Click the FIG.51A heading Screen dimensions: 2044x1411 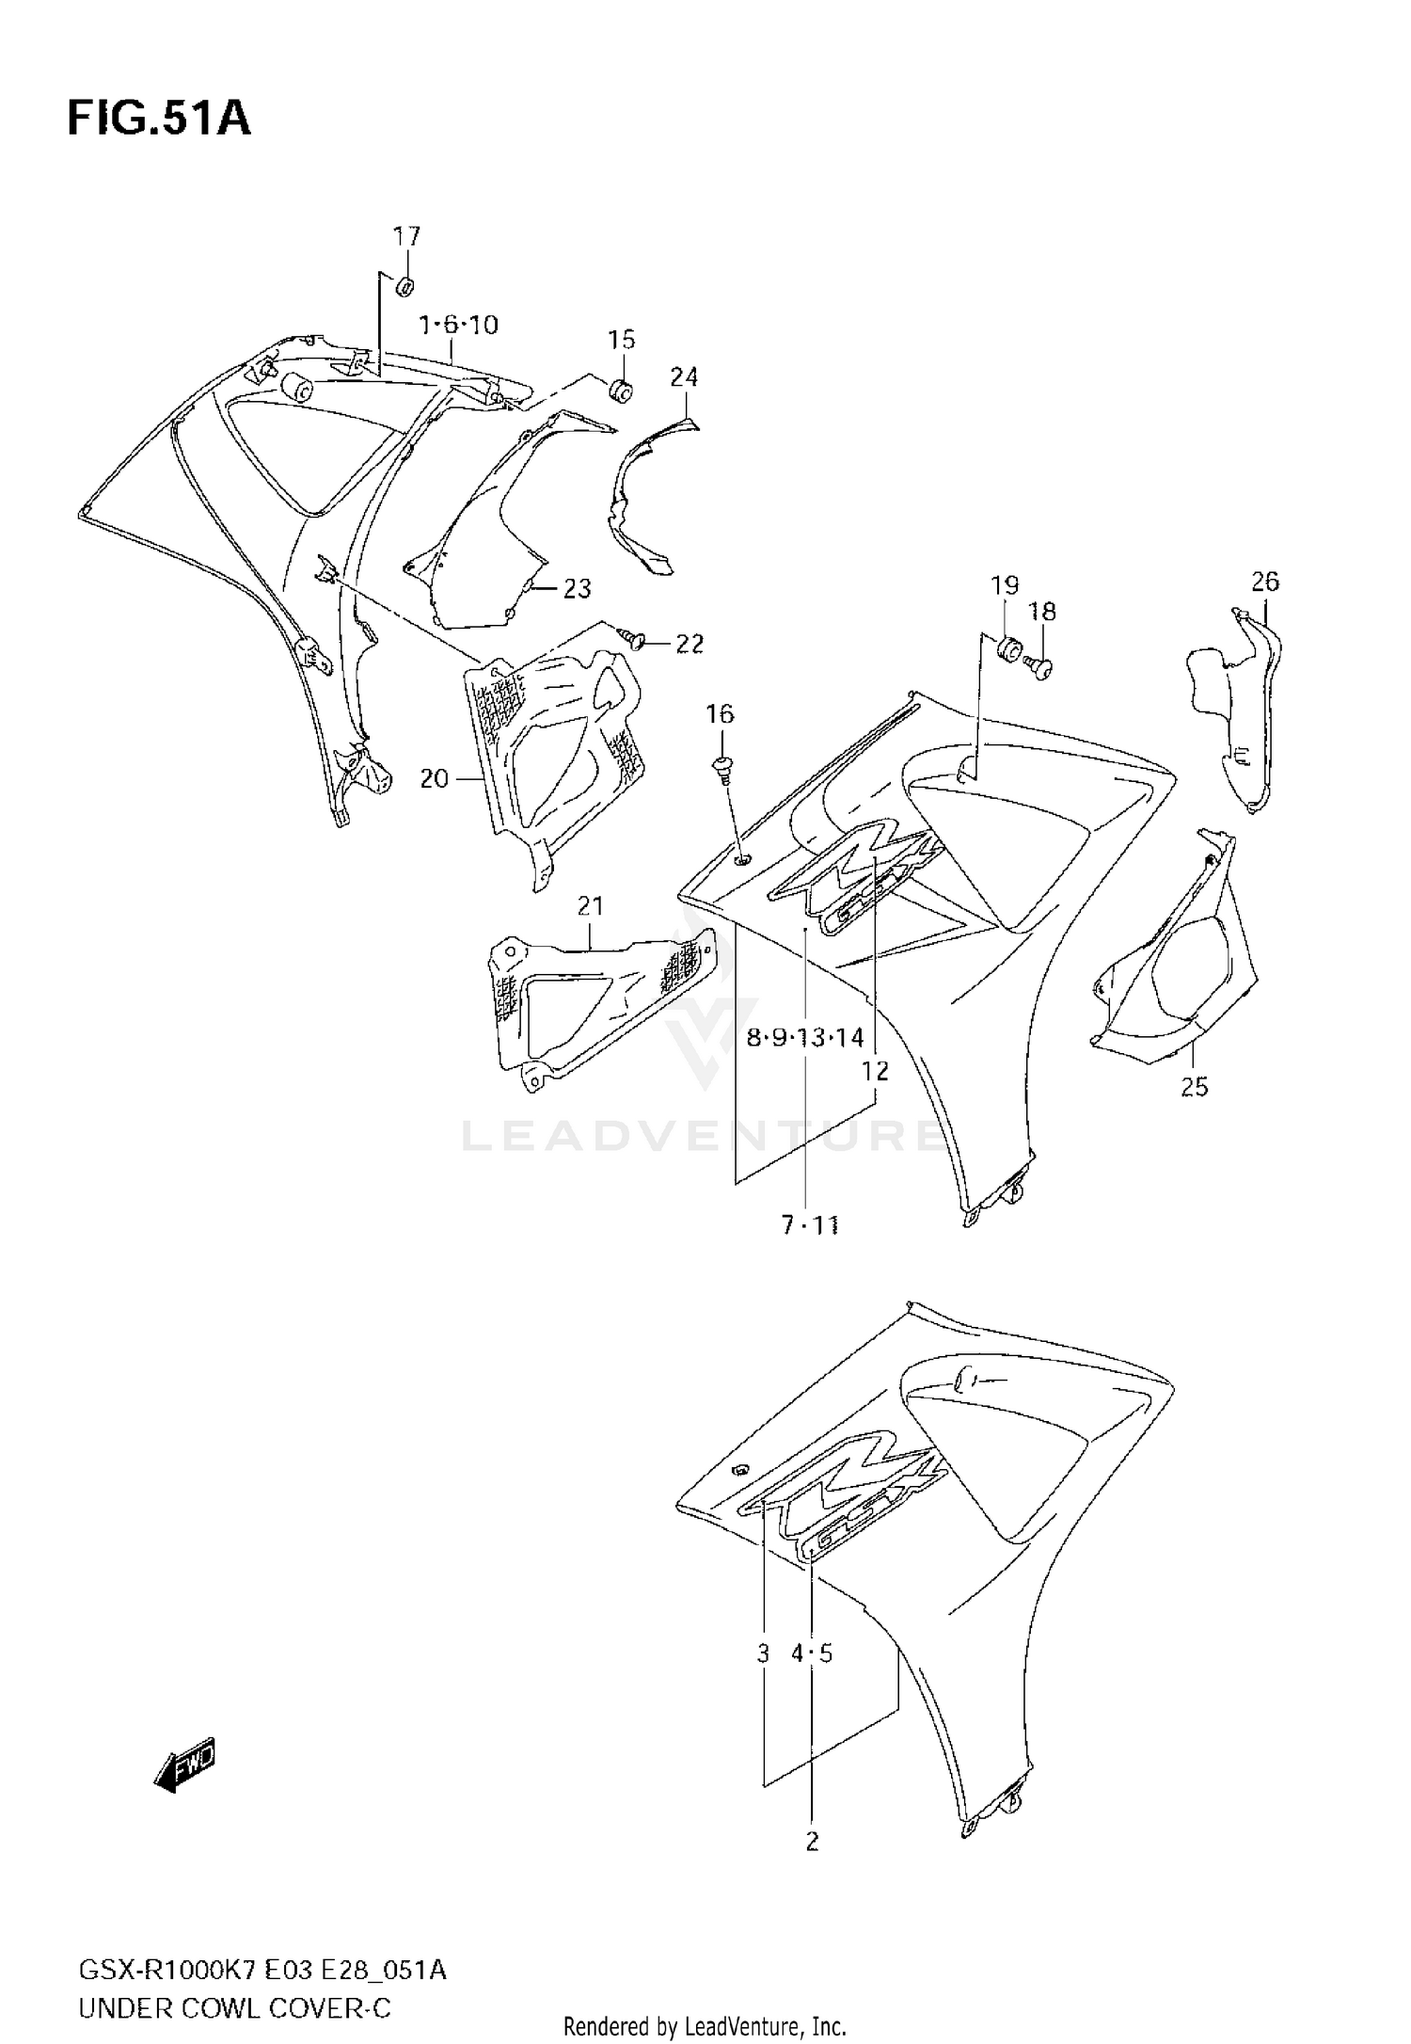(x=159, y=120)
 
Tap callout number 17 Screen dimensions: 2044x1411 (x=406, y=236)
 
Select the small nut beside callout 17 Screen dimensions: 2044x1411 (x=406, y=285)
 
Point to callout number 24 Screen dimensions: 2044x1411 (x=684, y=377)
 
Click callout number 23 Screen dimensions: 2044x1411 (x=577, y=589)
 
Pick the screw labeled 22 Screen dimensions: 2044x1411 (x=637, y=641)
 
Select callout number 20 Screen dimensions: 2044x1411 (x=435, y=779)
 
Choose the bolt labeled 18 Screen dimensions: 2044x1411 (x=1040, y=667)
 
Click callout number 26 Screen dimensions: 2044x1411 (x=1265, y=582)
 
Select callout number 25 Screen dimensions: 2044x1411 (x=1194, y=1087)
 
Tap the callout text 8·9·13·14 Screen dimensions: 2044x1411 (x=805, y=1038)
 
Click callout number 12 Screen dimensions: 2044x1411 (x=875, y=1071)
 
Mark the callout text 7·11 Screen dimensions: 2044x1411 (x=810, y=1225)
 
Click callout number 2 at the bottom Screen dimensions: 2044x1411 (x=813, y=1841)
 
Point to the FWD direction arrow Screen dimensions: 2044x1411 (x=185, y=1762)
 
